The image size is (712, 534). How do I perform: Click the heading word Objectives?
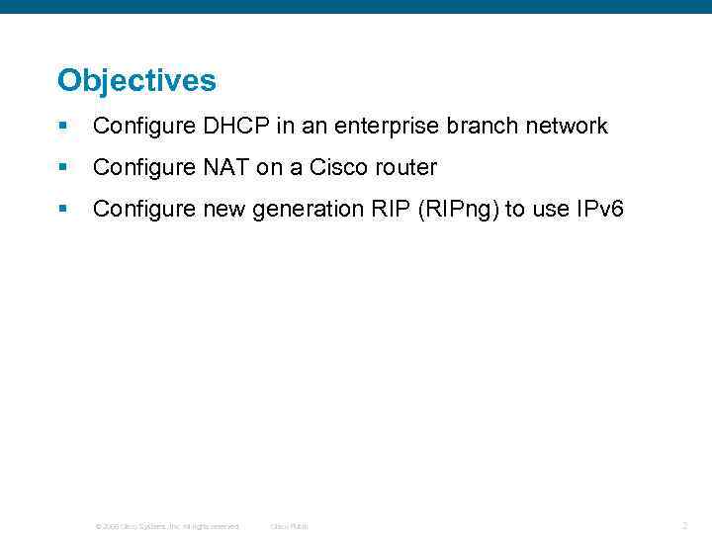(136, 80)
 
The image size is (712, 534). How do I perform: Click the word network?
(567, 126)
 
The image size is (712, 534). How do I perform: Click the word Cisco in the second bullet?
(338, 167)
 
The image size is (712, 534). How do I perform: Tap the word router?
(405, 167)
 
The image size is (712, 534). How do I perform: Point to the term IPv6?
(597, 209)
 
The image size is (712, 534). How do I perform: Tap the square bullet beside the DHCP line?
(62, 126)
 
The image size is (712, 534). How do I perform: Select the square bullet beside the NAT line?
(62, 167)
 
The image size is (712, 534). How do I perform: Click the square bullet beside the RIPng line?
(62, 209)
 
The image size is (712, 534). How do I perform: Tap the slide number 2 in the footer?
(684, 525)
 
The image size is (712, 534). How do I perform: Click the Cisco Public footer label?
(290, 526)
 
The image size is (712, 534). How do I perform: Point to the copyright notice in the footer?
(167, 526)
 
